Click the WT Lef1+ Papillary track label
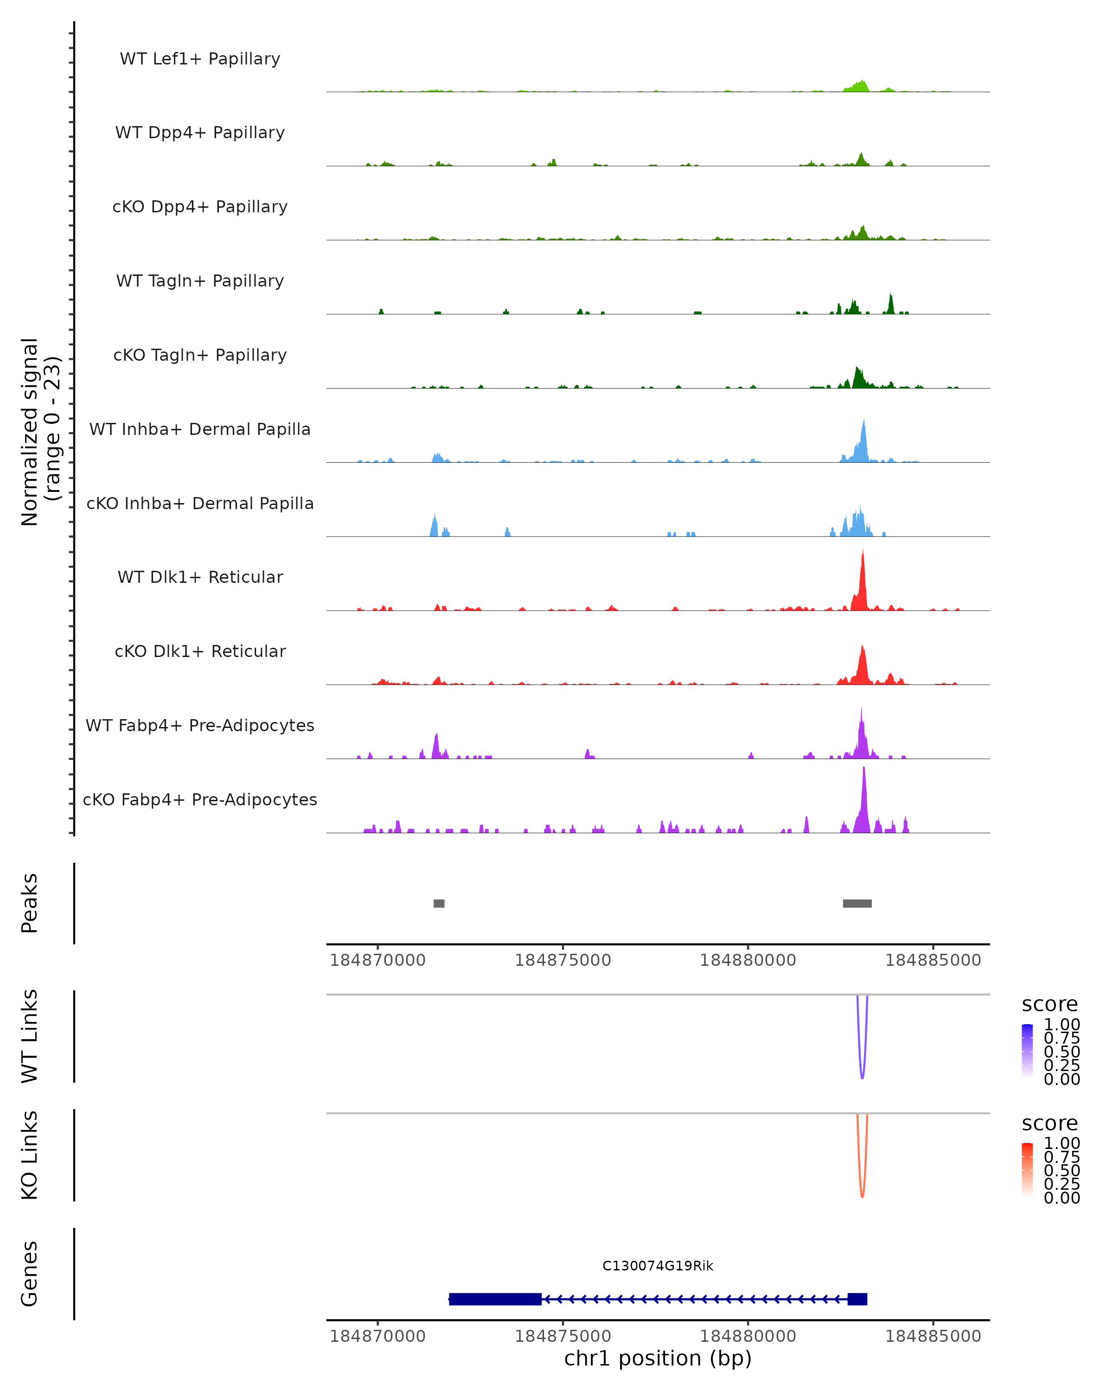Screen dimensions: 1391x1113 200,59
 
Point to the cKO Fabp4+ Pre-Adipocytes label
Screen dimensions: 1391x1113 200,799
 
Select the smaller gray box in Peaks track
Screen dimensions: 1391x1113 439,903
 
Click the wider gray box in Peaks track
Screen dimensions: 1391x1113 857,903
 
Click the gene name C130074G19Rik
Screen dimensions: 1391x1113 658,1266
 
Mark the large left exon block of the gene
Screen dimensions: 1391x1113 495,1299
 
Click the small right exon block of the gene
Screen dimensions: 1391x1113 857,1299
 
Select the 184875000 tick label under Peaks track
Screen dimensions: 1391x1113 563,960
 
